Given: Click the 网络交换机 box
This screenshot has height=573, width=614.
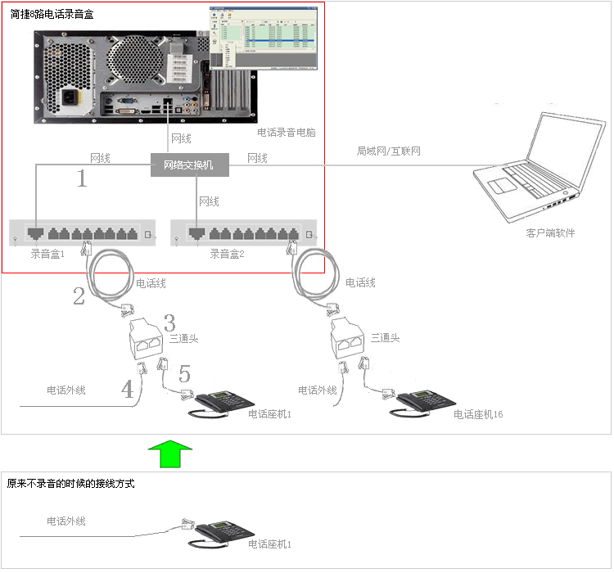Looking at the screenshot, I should coord(189,165).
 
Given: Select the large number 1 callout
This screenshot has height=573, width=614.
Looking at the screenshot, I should coord(82,178).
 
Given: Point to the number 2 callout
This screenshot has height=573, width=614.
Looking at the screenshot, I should coord(79,296).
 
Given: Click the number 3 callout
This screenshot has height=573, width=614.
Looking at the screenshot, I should coord(169,322).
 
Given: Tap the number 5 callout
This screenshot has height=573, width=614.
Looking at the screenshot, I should coord(185,374).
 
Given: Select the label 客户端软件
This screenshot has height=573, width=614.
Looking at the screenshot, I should coord(550,233).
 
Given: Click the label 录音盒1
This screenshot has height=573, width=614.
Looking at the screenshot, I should coord(47,254).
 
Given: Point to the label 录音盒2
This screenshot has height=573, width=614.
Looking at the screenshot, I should coord(226,254).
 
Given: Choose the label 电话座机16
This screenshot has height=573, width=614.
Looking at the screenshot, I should coord(478,415).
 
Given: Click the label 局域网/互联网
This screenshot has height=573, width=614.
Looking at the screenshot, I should coord(388,151).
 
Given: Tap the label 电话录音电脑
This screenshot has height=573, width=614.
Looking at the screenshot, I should coord(286,132).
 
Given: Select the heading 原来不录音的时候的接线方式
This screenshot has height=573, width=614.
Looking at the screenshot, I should coord(70,484).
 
